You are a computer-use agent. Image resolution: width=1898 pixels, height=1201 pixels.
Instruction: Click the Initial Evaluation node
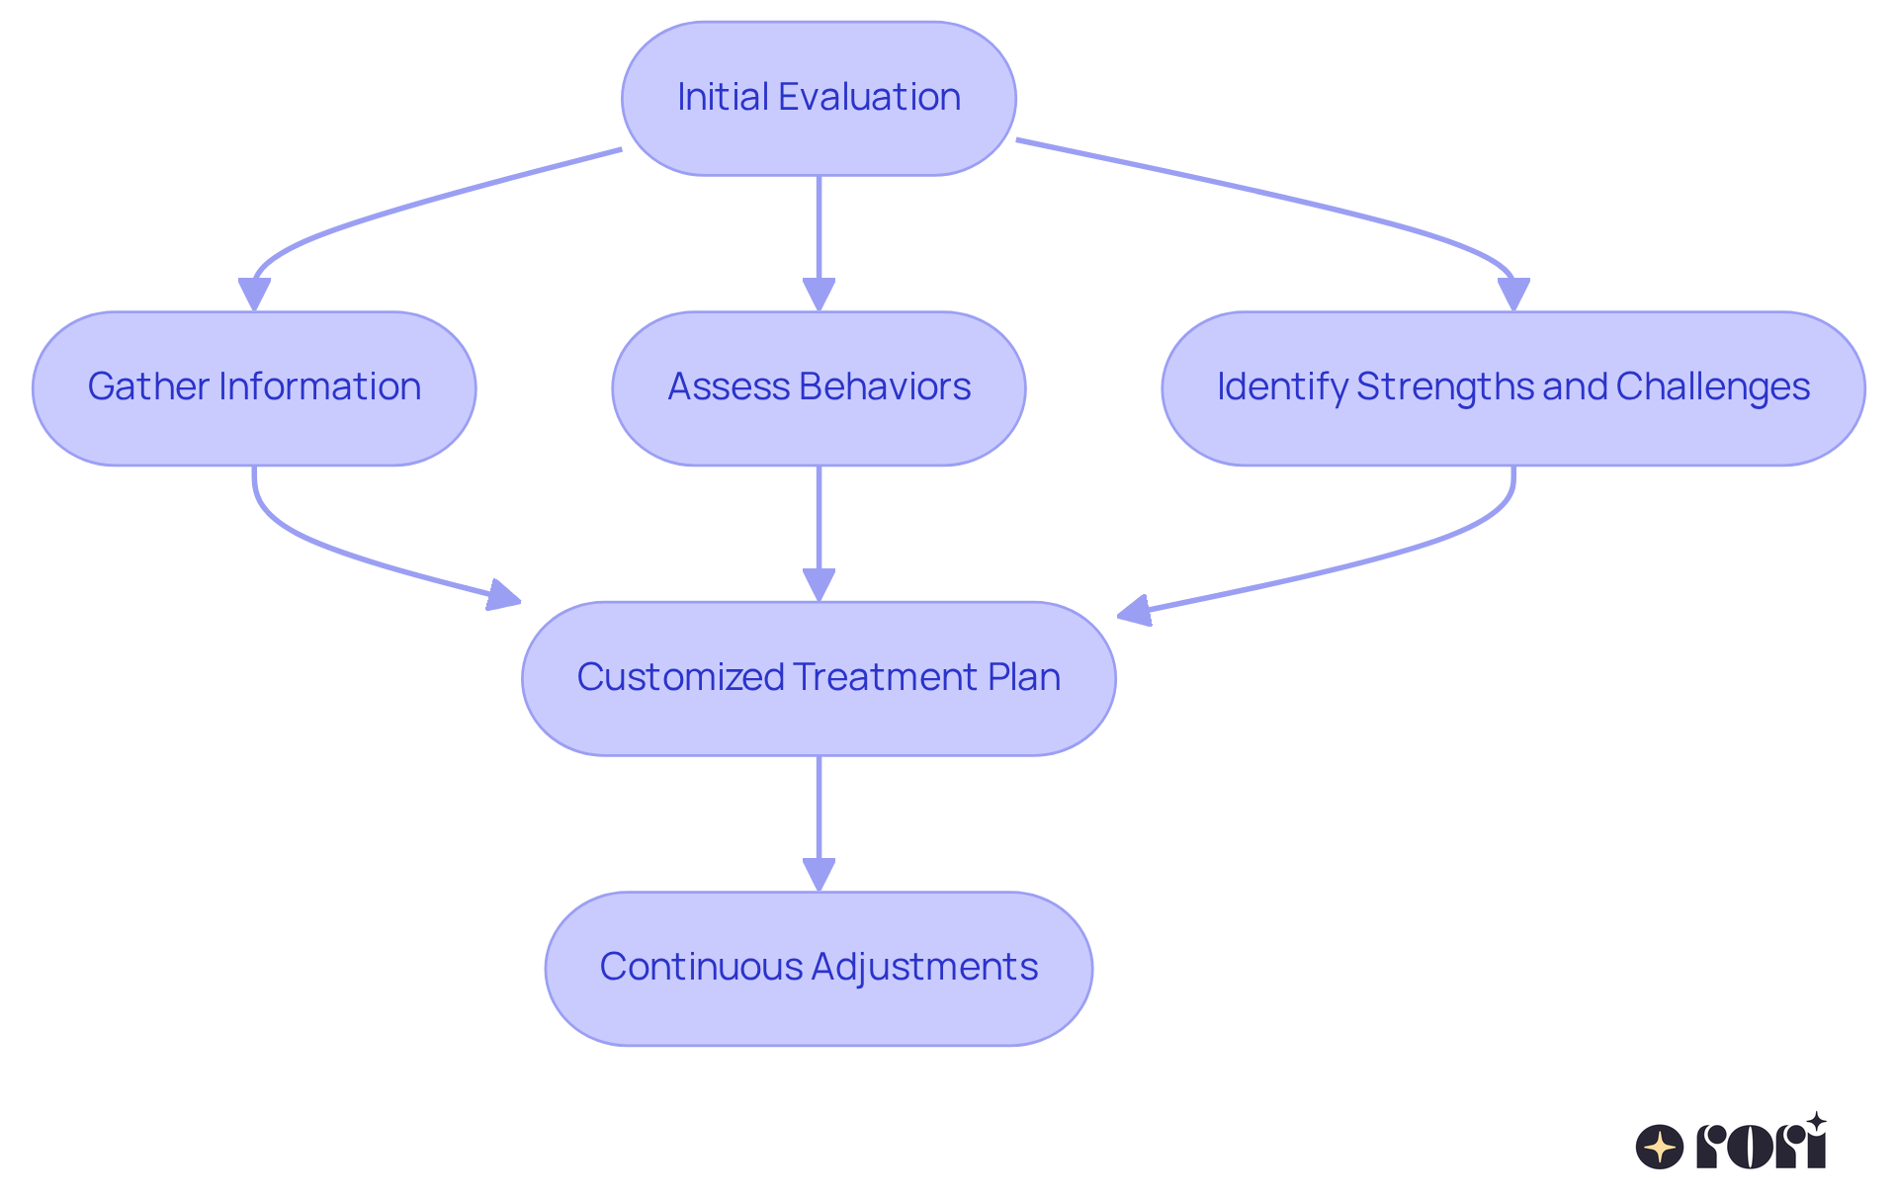click(819, 98)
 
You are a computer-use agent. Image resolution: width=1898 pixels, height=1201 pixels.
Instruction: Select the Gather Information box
click(254, 387)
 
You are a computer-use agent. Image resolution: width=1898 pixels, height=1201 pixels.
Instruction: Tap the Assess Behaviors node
click(819, 387)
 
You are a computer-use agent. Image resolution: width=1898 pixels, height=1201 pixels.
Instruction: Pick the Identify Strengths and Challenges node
click(1512, 387)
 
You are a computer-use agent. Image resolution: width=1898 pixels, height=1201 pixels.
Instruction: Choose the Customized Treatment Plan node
click(819, 678)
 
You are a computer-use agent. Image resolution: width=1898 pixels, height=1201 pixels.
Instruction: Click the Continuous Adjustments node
click(819, 968)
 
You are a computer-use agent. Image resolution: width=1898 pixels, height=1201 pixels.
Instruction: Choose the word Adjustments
click(924, 968)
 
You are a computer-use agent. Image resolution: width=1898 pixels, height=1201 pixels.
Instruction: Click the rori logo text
click(1761, 1146)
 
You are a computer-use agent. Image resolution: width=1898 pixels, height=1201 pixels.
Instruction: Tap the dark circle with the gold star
click(1660, 1148)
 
